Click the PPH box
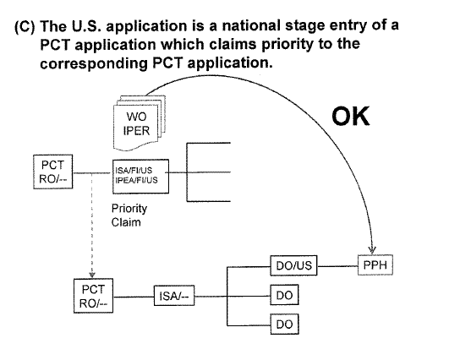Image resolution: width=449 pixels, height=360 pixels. pyautogui.click(x=375, y=265)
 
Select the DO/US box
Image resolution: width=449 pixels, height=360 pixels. pyautogui.click(x=293, y=265)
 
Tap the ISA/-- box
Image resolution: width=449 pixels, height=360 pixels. pyautogui.click(x=174, y=296)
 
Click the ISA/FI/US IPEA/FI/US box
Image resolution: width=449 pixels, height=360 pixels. pyautogui.click(x=140, y=177)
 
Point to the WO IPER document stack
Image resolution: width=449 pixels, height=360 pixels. pyautogui.click(x=140, y=123)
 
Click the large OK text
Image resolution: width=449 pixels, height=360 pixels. pyautogui.click(x=351, y=116)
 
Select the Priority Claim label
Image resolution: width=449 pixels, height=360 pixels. pyautogui.click(x=129, y=215)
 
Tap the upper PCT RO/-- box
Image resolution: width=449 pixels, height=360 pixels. pyautogui.click(x=53, y=172)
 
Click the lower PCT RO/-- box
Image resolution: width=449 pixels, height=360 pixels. pyautogui.click(x=93, y=296)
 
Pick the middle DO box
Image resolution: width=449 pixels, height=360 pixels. pyautogui.click(x=285, y=295)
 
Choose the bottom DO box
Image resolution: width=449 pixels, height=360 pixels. pyautogui.click(x=285, y=325)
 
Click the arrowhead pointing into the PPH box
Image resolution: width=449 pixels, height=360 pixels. pyautogui.click(x=372, y=250)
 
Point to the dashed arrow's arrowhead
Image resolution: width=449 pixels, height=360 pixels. pyautogui.click(x=92, y=274)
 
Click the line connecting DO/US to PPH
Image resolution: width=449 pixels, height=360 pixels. pyautogui.click(x=337, y=266)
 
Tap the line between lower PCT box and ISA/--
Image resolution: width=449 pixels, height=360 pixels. pyautogui.click(x=134, y=297)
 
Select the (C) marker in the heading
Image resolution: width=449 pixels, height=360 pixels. pyautogui.click(x=25, y=27)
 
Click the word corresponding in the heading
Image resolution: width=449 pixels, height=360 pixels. pyautogui.click(x=94, y=63)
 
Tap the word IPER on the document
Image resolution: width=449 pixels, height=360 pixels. pyautogui.click(x=136, y=131)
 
